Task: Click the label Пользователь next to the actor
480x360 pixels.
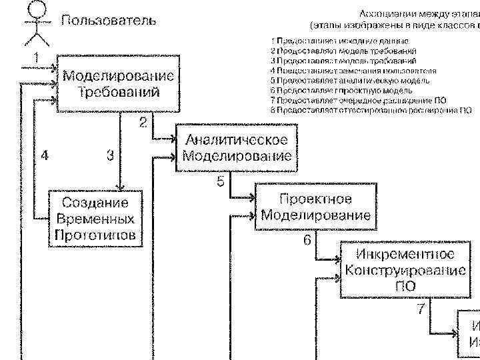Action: click(x=109, y=20)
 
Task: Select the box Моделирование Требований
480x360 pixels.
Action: click(x=119, y=83)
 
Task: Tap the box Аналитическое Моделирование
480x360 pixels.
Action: click(x=237, y=148)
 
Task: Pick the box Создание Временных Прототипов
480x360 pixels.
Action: click(x=95, y=219)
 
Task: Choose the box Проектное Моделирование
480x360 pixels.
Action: click(x=315, y=207)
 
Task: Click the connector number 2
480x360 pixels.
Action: click(x=143, y=122)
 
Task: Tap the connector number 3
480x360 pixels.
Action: click(x=110, y=155)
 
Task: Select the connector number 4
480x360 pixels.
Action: click(x=44, y=155)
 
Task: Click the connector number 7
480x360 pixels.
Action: click(x=421, y=309)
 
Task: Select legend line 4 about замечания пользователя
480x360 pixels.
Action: click(x=353, y=70)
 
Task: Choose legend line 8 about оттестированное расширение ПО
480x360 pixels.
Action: click(x=371, y=109)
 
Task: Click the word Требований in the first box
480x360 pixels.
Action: click(x=119, y=91)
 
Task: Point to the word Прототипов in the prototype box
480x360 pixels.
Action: click(x=95, y=234)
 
